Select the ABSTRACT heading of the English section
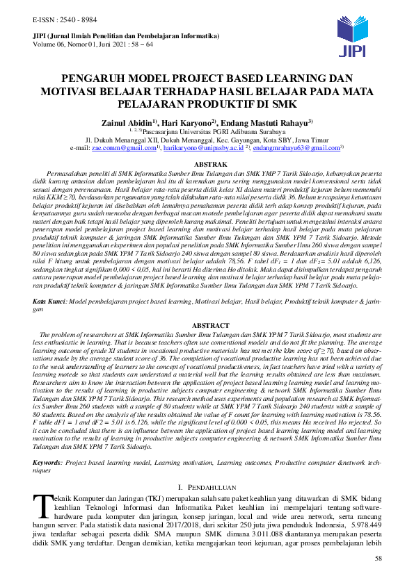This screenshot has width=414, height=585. (207, 324)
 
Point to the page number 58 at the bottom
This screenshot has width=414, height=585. (378, 559)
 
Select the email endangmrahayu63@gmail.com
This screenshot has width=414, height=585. (296, 148)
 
